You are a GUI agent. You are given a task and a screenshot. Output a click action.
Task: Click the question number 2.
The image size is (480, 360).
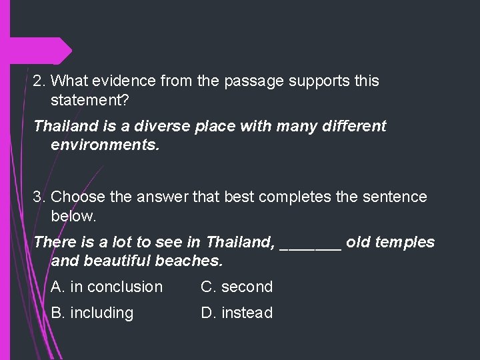[39, 82]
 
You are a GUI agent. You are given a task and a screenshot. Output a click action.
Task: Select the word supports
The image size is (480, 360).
[316, 82]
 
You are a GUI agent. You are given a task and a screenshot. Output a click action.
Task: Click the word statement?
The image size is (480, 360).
[90, 101]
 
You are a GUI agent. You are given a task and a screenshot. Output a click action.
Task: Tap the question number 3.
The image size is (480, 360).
[39, 197]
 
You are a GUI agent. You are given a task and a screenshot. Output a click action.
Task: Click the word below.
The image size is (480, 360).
[73, 216]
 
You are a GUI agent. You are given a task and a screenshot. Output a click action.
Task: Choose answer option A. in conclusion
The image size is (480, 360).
[107, 287]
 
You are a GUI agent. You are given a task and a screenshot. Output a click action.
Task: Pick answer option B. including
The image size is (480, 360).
[92, 313]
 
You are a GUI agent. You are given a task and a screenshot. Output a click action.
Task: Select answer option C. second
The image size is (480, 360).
[237, 287]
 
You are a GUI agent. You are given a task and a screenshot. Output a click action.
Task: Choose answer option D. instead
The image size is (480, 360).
[237, 313]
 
